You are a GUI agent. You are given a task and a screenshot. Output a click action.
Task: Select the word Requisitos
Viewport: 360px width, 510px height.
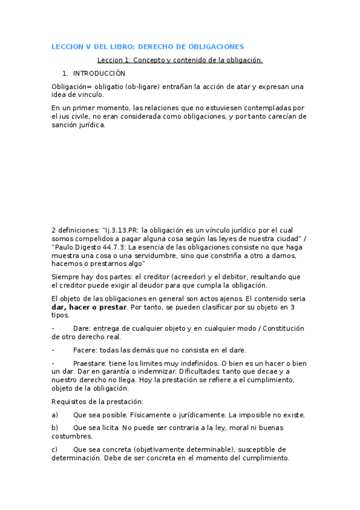click(69, 402)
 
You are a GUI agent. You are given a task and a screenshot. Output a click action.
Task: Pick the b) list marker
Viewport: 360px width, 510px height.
click(55, 428)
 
